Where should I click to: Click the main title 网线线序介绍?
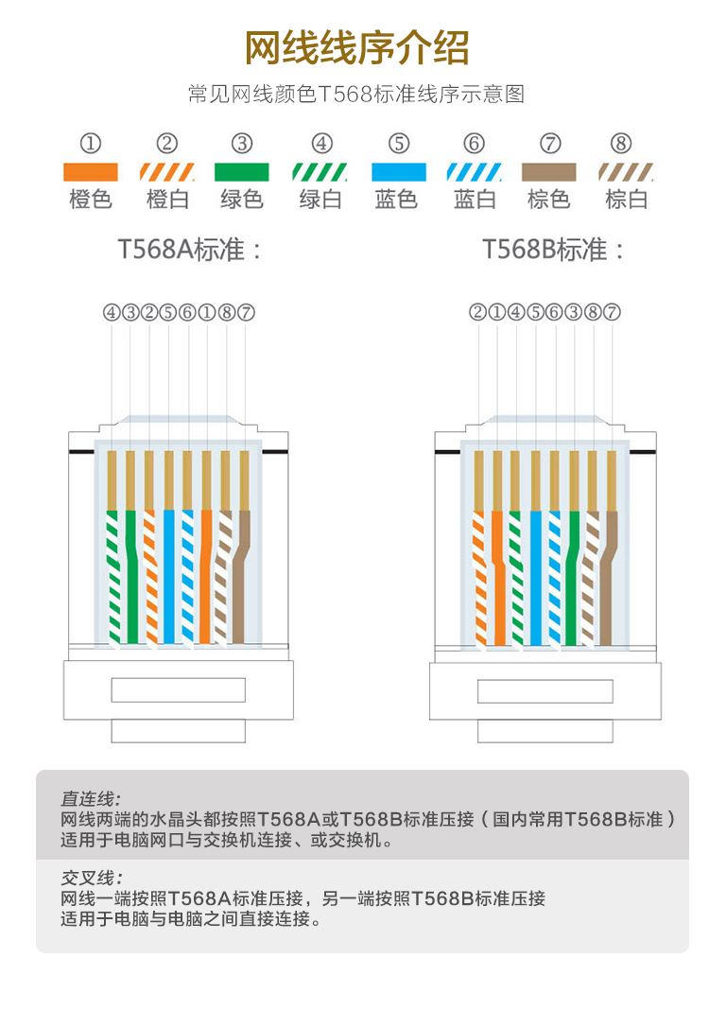point(356,47)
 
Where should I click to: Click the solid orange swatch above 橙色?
point(90,172)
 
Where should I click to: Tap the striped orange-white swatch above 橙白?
point(167,172)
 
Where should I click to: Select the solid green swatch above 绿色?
point(242,172)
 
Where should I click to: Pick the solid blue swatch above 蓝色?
point(398,172)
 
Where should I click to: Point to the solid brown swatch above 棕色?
point(548,172)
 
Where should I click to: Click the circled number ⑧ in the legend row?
point(621,144)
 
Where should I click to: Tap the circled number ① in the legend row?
point(90,144)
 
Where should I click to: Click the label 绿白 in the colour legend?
point(321,200)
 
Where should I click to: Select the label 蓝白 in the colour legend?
point(475,200)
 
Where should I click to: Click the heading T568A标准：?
point(189,251)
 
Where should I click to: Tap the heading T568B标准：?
point(554,251)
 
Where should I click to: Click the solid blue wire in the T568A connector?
point(169,577)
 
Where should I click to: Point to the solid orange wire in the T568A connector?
point(207,577)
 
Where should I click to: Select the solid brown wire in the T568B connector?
point(612,577)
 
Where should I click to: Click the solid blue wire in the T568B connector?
point(536,577)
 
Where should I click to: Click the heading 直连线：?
point(91,798)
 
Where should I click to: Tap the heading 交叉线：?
point(91,878)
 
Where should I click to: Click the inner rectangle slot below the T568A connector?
point(178,690)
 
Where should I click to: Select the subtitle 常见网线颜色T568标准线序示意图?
point(356,95)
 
